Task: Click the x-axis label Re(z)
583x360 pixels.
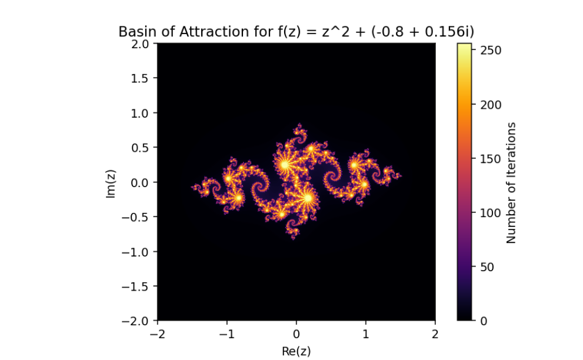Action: pyautogui.click(x=297, y=351)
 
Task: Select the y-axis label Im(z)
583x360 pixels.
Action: pyautogui.click(x=111, y=182)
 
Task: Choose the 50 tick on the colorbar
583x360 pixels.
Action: pyautogui.click(x=489, y=266)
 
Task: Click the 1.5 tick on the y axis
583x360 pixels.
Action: pyautogui.click(x=141, y=78)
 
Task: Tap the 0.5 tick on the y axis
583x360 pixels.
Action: pyautogui.click(x=141, y=147)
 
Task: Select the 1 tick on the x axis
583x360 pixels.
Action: pyautogui.click(x=366, y=334)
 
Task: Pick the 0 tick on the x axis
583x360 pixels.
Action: pyautogui.click(x=297, y=334)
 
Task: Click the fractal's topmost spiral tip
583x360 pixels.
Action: pyautogui.click(x=299, y=125)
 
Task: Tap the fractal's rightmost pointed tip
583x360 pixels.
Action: pyautogui.click(x=401, y=175)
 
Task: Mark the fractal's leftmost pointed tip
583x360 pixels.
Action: pyautogui.click(x=192, y=187)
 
